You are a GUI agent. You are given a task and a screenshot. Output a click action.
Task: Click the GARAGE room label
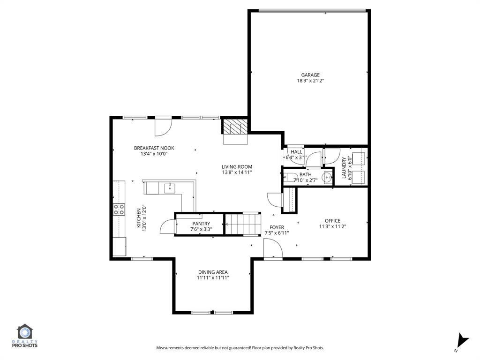pos(310,75)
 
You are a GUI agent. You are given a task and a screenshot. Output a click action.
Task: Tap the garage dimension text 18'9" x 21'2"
pos(310,81)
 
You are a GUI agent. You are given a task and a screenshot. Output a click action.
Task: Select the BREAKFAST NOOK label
pos(154,148)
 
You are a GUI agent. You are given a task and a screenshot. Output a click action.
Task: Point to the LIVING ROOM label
pos(237,166)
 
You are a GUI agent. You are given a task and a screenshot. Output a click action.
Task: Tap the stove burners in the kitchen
pos(119,209)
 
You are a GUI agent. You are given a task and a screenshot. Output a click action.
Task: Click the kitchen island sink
pos(169,188)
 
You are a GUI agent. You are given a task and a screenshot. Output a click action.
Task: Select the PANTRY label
pos(201,224)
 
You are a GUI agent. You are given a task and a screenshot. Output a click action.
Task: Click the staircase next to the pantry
pos(243,224)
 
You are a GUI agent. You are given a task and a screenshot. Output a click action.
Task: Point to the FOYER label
pos(277,227)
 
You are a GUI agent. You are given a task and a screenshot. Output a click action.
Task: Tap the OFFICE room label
pos(332,221)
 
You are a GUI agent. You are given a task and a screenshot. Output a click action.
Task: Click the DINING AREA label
pos(213,272)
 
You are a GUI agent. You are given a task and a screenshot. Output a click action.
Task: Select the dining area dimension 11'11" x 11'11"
pos(213,277)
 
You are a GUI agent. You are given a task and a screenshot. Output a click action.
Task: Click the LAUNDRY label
pos(344,167)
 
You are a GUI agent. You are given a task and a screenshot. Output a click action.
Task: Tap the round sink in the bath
pos(327,177)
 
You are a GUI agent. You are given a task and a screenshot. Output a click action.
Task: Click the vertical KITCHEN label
pos(139,218)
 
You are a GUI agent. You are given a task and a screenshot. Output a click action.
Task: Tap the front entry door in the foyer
pos(272,248)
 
